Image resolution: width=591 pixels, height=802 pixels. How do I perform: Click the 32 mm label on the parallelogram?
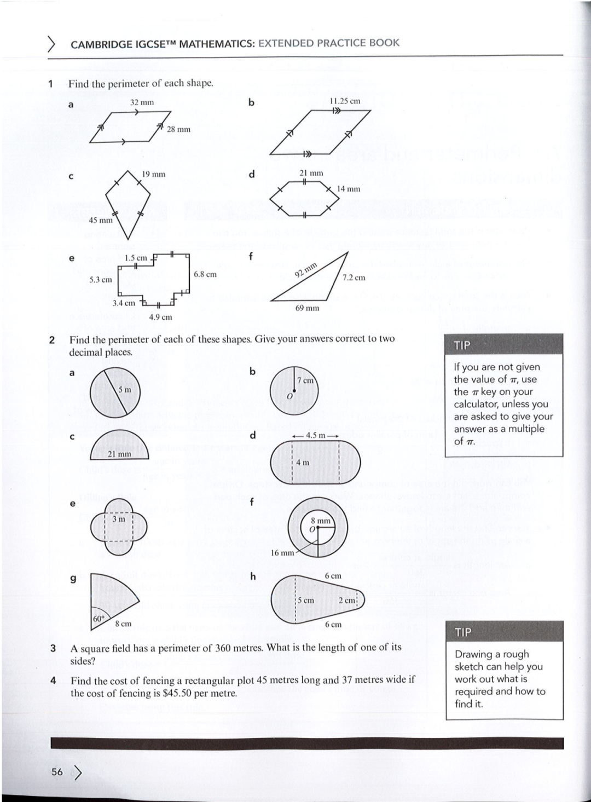[x=142, y=102]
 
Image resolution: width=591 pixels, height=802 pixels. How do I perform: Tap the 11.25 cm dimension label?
[x=345, y=101]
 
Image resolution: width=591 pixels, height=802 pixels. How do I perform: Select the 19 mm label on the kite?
[x=153, y=174]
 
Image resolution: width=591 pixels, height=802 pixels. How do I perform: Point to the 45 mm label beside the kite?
[x=101, y=220]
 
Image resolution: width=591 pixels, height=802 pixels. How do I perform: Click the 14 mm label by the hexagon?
[x=349, y=189]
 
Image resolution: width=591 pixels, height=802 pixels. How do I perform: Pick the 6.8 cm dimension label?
[x=205, y=274]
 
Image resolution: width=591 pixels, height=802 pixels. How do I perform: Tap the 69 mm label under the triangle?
[x=307, y=308]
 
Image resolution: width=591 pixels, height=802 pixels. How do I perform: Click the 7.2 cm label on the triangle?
[x=354, y=278]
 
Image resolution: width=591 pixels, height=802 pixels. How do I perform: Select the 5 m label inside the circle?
[x=125, y=389]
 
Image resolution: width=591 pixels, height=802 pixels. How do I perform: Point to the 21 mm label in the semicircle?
[x=119, y=454]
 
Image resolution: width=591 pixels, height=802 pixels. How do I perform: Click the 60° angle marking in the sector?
[x=99, y=618]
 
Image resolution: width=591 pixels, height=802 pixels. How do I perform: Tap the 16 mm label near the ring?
[x=282, y=553]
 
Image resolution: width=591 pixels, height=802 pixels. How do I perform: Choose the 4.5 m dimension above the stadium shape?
[x=315, y=435]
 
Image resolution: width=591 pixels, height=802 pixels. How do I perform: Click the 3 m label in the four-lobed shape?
[x=118, y=518]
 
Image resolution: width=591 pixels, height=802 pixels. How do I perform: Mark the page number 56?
[x=57, y=772]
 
